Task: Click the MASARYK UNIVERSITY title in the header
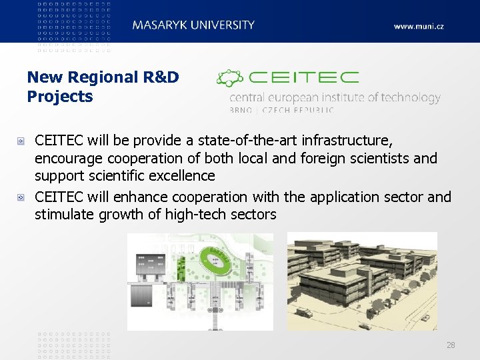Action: pyautogui.click(x=193, y=25)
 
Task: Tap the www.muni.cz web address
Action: pyautogui.click(x=418, y=27)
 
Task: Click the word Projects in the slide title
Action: pyautogui.click(x=60, y=97)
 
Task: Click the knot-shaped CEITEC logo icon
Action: pyautogui.click(x=230, y=79)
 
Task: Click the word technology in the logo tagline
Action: pyautogui.click(x=407, y=98)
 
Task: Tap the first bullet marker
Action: pyautogui.click(x=21, y=141)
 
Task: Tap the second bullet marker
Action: pyautogui.click(x=21, y=198)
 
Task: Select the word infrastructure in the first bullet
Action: pyautogui.click(x=346, y=141)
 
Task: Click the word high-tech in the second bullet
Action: pyautogui.click(x=197, y=215)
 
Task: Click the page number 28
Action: pyautogui.click(x=451, y=345)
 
